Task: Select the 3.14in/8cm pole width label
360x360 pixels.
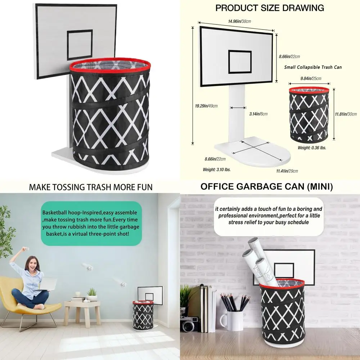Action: [x=258, y=114]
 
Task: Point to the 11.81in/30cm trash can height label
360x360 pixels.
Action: [x=346, y=114]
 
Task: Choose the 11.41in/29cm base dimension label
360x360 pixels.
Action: [x=287, y=171]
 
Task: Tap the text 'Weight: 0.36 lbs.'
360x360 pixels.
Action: [x=312, y=148]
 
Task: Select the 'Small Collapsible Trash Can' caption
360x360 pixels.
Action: [x=313, y=67]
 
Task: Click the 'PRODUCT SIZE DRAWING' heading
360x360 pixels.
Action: [x=270, y=8]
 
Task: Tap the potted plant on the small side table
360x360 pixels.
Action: [x=92, y=294]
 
